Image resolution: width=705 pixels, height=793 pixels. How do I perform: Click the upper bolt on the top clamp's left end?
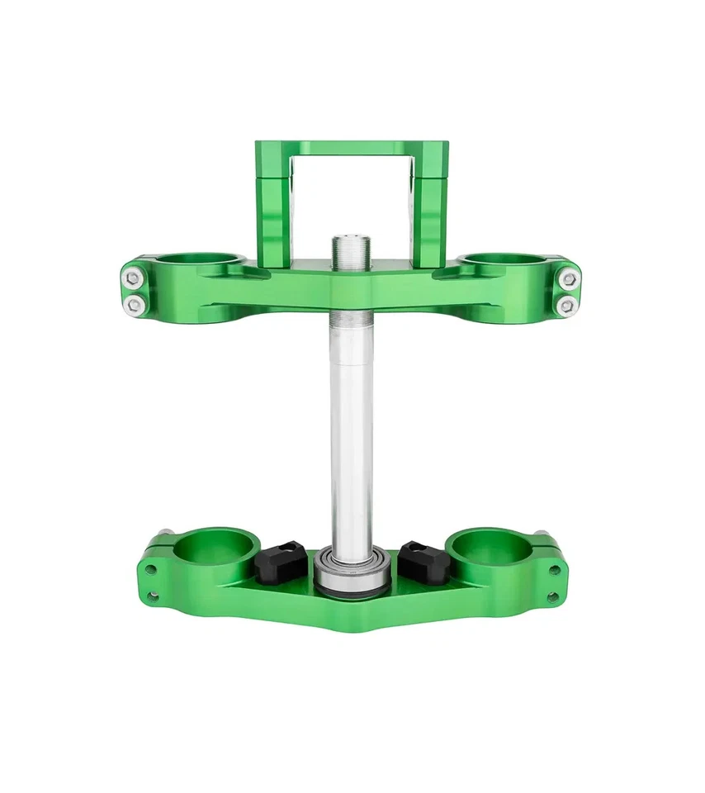(133, 278)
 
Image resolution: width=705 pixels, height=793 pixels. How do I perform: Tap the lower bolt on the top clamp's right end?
(566, 306)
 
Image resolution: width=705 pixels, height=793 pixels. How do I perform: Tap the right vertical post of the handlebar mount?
(430, 202)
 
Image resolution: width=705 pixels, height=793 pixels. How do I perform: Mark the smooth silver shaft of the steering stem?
(352, 430)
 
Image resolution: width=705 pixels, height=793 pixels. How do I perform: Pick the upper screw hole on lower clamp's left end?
(151, 569)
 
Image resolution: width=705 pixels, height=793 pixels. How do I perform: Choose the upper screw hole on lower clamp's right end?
(555, 569)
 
